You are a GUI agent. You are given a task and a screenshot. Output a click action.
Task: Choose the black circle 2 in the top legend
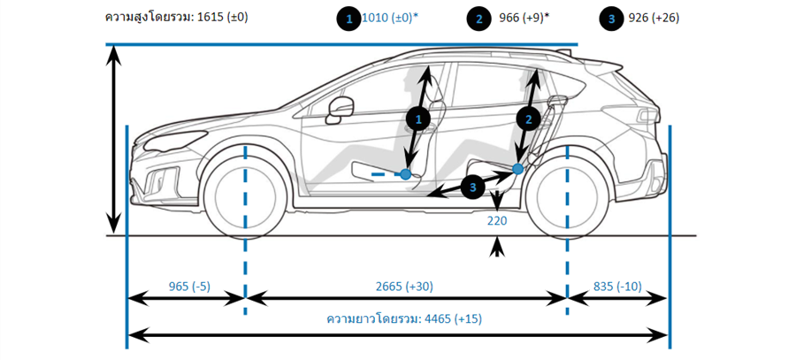coord(480,18)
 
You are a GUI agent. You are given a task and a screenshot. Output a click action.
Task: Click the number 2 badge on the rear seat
coord(529,118)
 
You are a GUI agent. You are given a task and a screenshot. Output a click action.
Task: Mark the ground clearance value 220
coord(496,221)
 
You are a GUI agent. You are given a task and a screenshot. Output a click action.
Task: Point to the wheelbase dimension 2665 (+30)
coord(404,286)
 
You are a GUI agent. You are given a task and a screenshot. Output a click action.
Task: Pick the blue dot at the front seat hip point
coord(405,174)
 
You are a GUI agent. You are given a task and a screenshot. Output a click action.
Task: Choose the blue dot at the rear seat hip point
coord(518,168)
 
